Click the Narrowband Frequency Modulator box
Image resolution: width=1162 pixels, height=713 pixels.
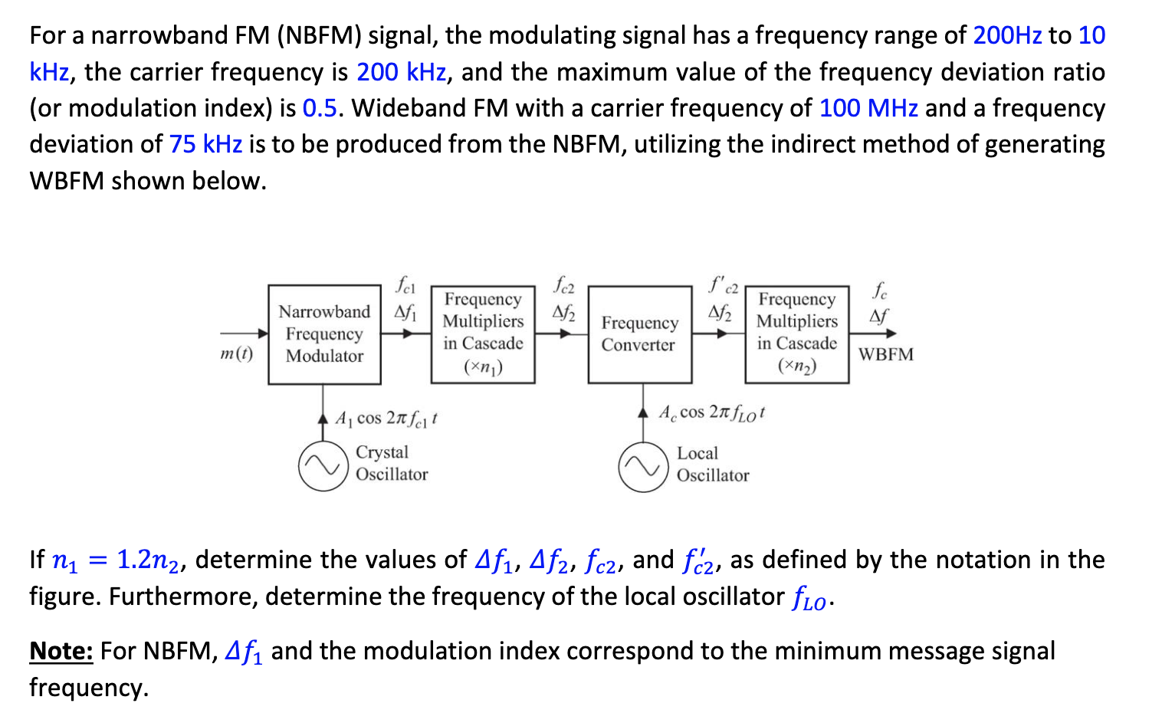pos(324,334)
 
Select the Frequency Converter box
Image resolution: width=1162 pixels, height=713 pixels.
pos(640,334)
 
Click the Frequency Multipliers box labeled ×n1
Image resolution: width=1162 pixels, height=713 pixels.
pos(483,333)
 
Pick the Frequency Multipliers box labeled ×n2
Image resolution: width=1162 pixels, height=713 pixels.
pos(797,333)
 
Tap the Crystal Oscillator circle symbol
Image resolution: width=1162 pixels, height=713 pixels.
pos(323,466)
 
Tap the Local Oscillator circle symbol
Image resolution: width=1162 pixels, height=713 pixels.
pos(644,467)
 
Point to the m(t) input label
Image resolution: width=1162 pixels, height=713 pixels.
pos(236,353)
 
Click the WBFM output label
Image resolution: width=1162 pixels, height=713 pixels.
pos(885,354)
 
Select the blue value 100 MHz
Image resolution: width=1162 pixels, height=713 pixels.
pos(868,108)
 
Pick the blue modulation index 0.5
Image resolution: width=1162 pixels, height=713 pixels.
pos(320,108)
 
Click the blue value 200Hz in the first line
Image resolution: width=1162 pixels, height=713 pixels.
pos(1007,35)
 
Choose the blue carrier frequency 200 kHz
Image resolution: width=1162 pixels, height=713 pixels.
pos(402,72)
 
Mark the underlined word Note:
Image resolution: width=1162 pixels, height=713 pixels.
pos(61,651)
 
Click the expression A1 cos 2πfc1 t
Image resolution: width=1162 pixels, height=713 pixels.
pos(386,419)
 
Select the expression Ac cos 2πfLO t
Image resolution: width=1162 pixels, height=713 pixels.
pos(711,412)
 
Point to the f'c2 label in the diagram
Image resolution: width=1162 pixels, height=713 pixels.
pos(722,287)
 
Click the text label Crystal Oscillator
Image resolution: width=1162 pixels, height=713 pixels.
pos(391,463)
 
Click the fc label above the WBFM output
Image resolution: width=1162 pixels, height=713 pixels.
pos(880,291)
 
